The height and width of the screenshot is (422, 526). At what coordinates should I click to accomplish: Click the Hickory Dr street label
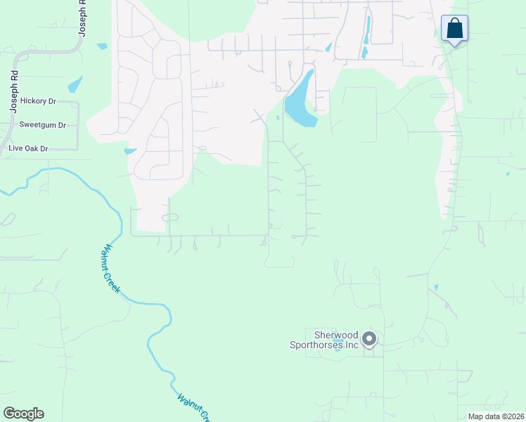coord(38,101)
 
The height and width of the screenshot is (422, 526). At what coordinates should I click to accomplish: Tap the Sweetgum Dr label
coord(42,125)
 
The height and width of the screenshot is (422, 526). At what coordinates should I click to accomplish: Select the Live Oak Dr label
coord(28,148)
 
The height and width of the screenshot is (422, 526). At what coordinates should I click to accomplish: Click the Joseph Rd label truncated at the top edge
coord(82,18)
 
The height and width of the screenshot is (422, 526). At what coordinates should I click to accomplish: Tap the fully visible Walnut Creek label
coord(113,269)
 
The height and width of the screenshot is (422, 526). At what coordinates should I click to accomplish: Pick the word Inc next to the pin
coord(352,345)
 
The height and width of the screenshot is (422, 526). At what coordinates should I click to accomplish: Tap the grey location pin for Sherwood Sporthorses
coord(369,340)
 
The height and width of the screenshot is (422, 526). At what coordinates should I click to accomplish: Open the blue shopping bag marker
coord(455,30)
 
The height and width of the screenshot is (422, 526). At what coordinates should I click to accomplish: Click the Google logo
coord(23,414)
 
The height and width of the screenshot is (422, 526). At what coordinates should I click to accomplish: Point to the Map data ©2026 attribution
coord(495,416)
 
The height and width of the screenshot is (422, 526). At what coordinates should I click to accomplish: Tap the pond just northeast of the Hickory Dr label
coord(75,85)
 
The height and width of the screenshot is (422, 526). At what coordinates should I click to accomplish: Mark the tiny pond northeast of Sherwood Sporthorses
coord(436,287)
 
